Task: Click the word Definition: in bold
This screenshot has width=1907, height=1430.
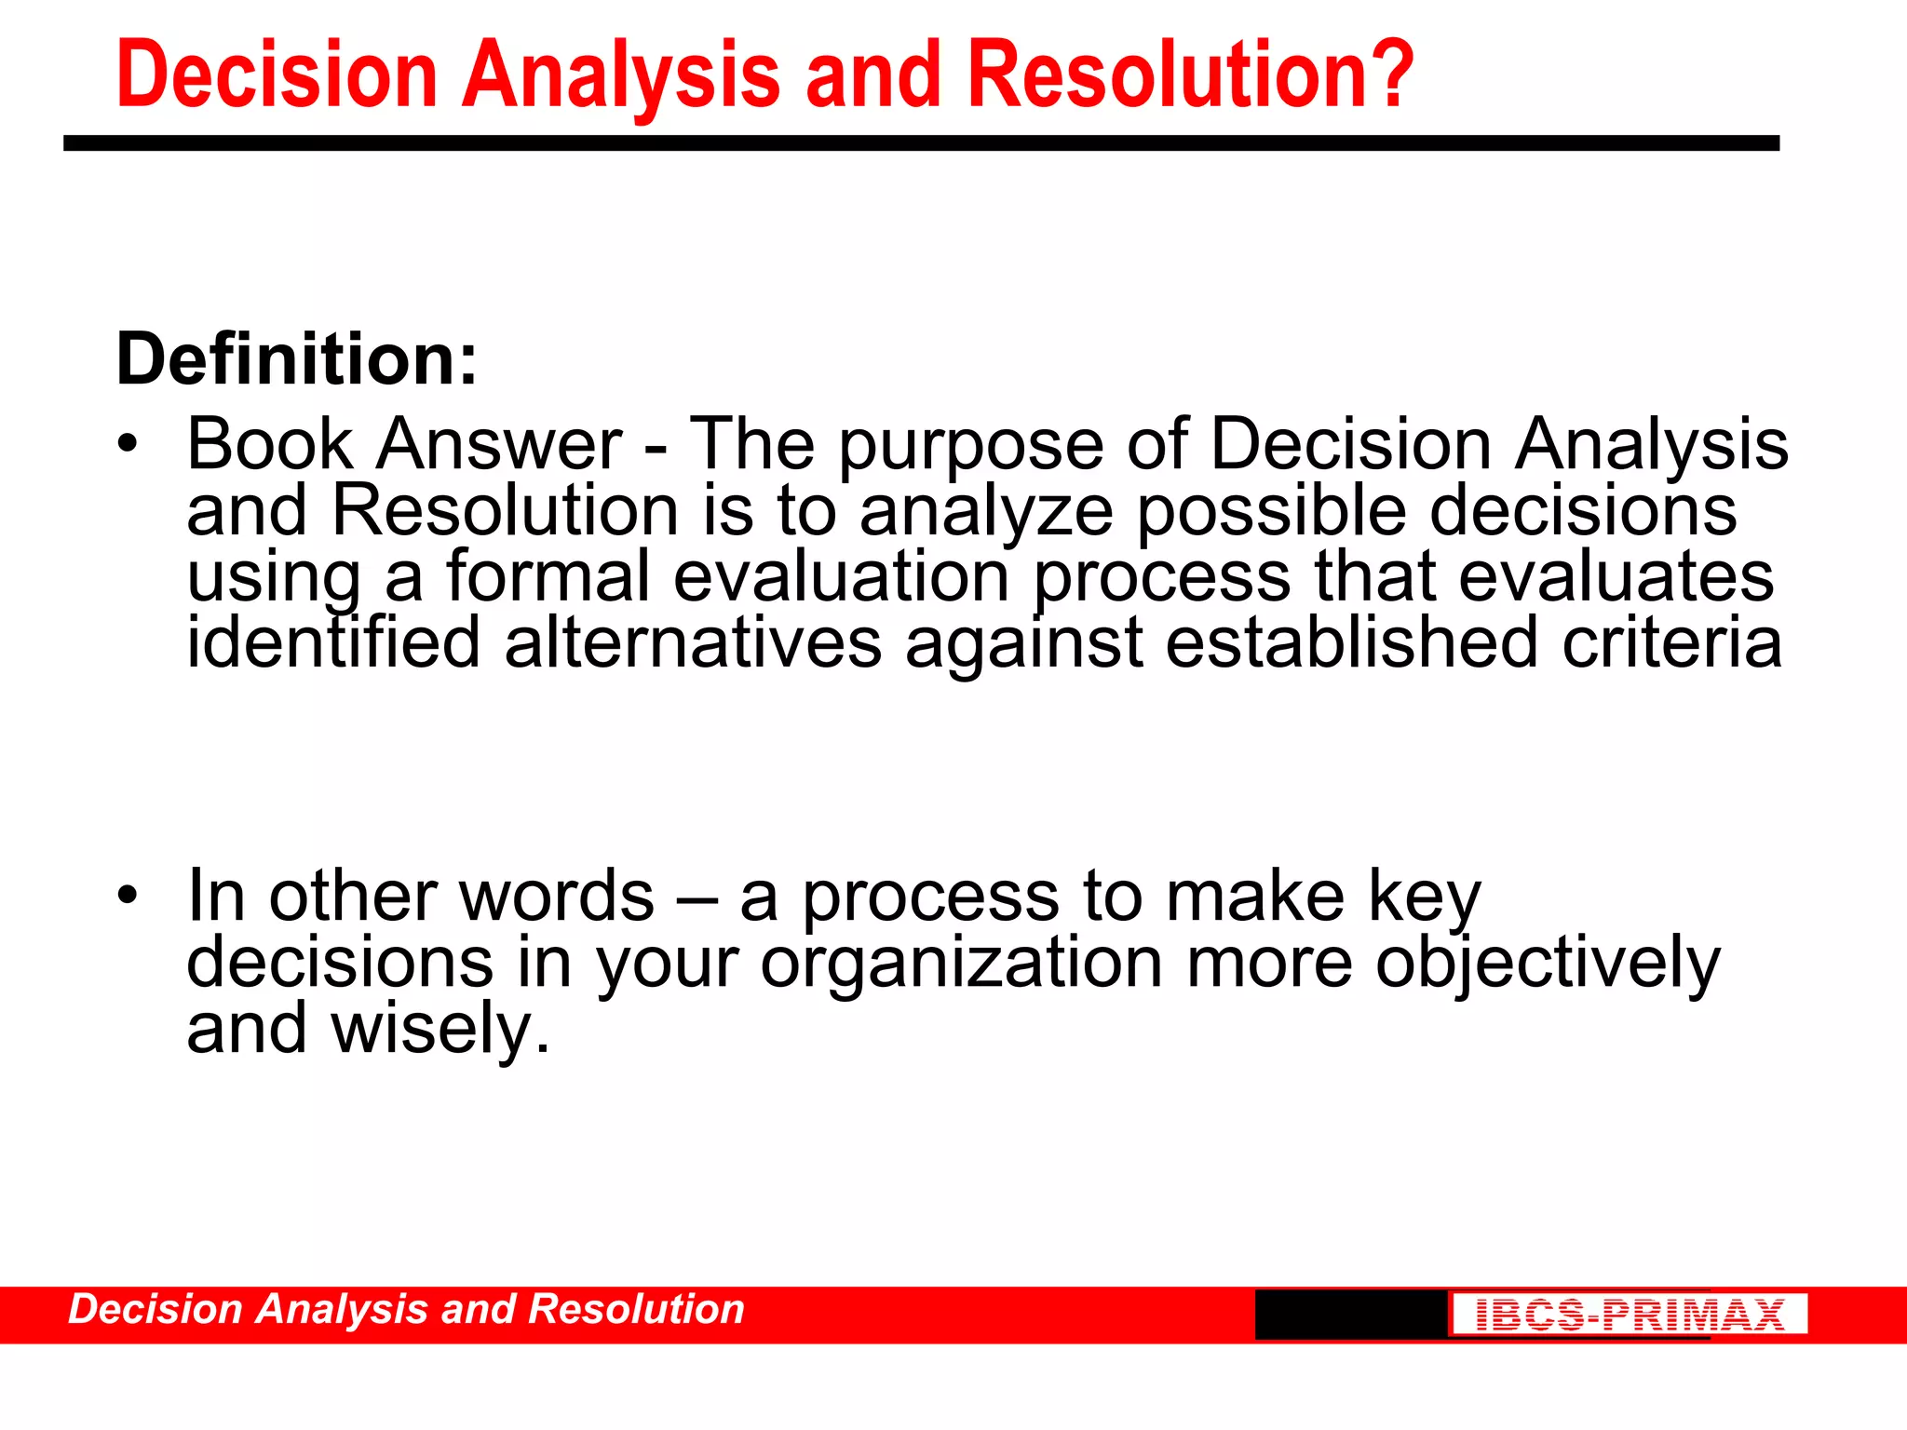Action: click(296, 359)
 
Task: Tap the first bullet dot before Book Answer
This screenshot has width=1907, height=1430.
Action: click(128, 445)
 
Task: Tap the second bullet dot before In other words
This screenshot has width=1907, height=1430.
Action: click(128, 897)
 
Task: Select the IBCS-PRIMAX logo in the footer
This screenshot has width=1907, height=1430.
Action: click(1630, 1315)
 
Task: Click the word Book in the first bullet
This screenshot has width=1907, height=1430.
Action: click(270, 444)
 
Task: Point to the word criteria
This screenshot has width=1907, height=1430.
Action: click(1671, 643)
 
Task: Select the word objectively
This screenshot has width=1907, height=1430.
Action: click(1548, 964)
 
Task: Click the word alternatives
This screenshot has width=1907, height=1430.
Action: click(693, 643)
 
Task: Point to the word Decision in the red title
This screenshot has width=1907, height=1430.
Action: click(277, 74)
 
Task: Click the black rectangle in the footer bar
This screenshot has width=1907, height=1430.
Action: click(1350, 1315)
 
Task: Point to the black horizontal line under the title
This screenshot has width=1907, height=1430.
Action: click(921, 143)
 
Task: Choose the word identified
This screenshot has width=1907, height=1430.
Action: click(333, 643)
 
